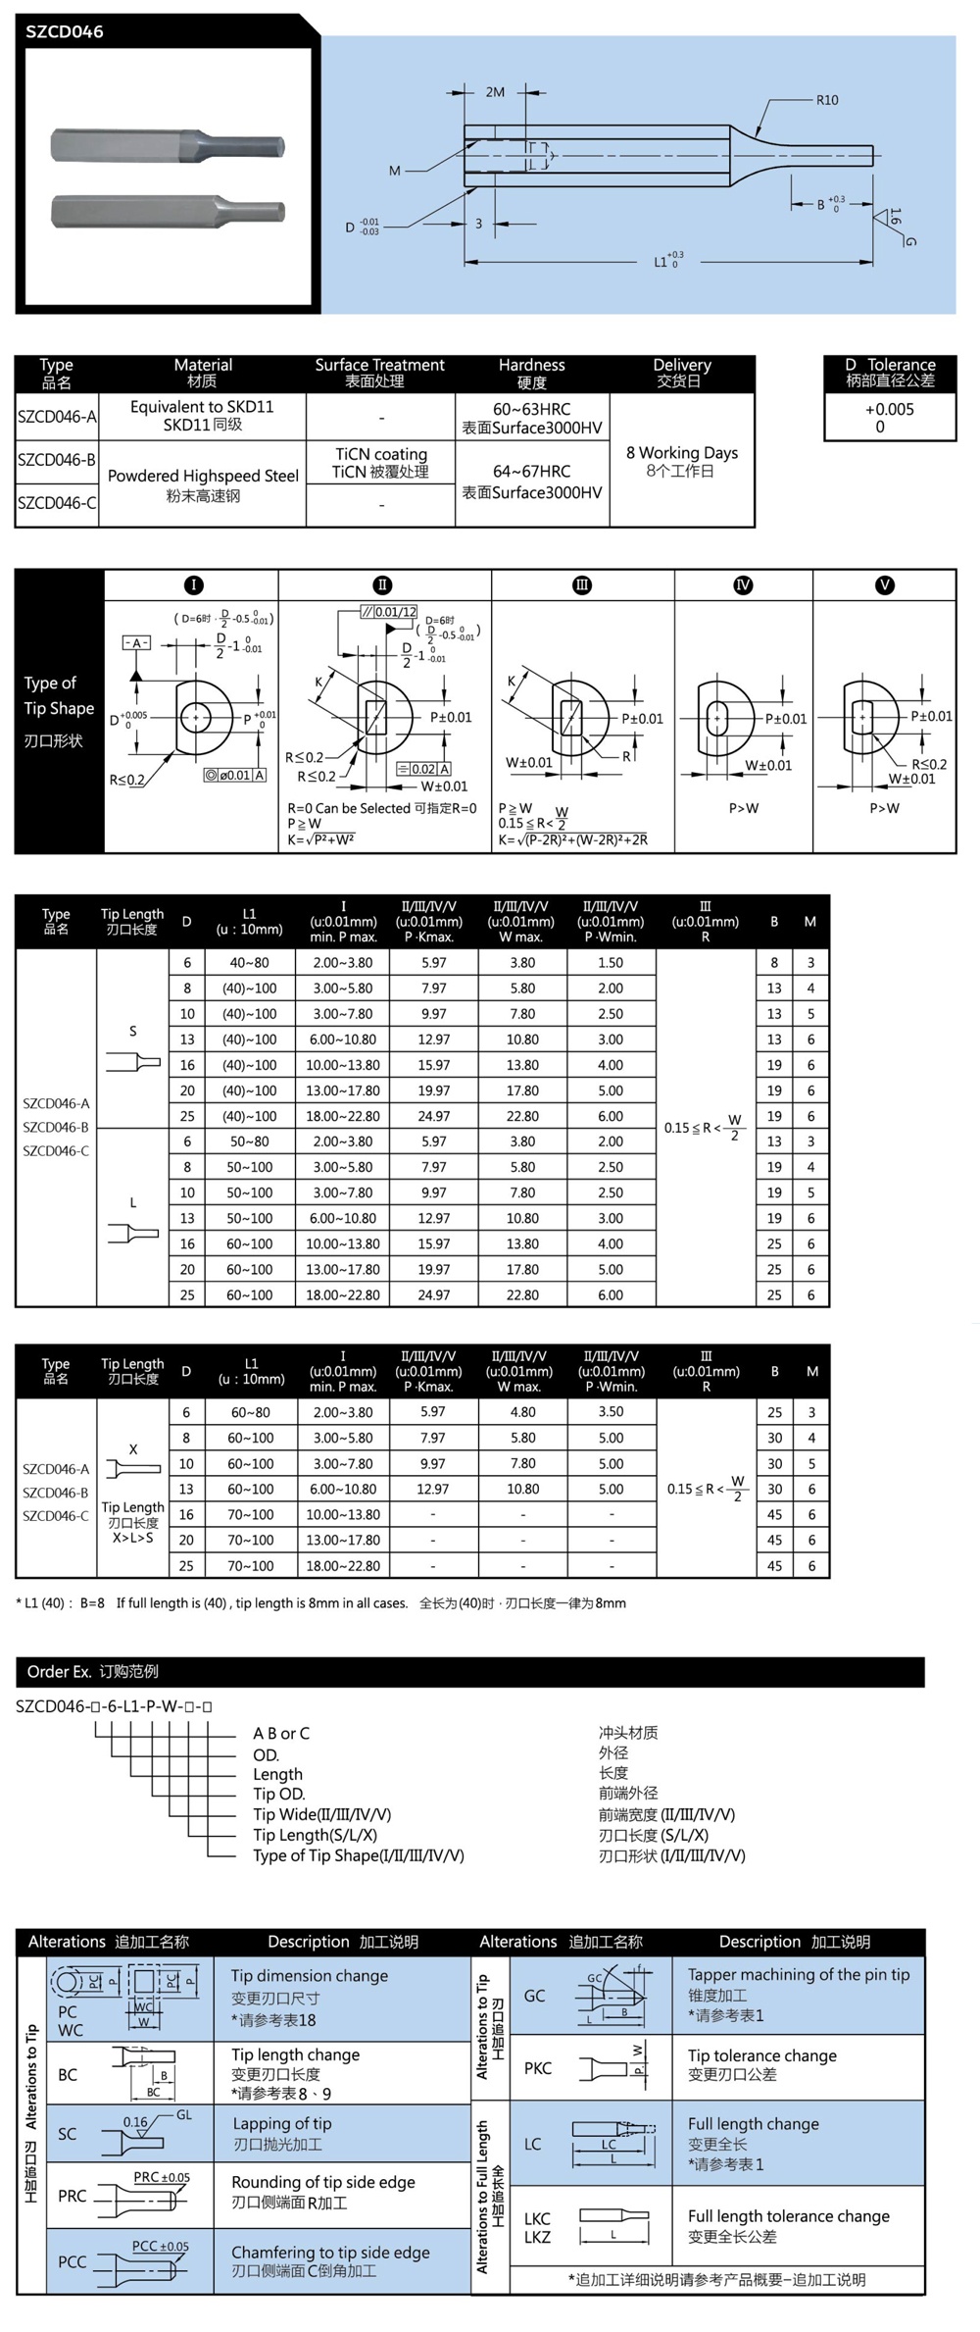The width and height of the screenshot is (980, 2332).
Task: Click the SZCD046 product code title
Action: pyautogui.click(x=65, y=31)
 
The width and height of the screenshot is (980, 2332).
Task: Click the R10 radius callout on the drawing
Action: pyautogui.click(x=826, y=100)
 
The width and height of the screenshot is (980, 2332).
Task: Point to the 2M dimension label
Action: pyautogui.click(x=495, y=92)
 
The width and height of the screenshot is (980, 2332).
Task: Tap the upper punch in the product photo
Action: pyautogui.click(x=168, y=146)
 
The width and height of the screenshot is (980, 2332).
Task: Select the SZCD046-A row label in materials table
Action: pyautogui.click(x=57, y=417)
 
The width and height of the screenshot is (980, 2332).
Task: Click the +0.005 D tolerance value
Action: pyautogui.click(x=889, y=409)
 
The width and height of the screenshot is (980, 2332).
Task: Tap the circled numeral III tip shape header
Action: pyautogui.click(x=582, y=585)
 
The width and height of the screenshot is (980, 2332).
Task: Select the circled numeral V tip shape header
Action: pyautogui.click(x=884, y=585)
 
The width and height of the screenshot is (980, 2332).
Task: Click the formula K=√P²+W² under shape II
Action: pyautogui.click(x=321, y=839)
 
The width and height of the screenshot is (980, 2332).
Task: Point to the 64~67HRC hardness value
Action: pyautogui.click(x=532, y=471)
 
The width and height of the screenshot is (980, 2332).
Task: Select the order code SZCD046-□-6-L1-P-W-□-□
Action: pyautogui.click(x=114, y=1705)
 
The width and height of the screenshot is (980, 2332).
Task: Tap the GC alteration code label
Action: pyautogui.click(x=534, y=1996)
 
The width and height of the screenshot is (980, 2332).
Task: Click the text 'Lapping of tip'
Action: pyautogui.click(x=282, y=2123)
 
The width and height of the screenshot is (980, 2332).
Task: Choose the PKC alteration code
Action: pyautogui.click(x=537, y=2068)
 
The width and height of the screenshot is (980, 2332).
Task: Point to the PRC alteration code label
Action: pyautogui.click(x=72, y=2196)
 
